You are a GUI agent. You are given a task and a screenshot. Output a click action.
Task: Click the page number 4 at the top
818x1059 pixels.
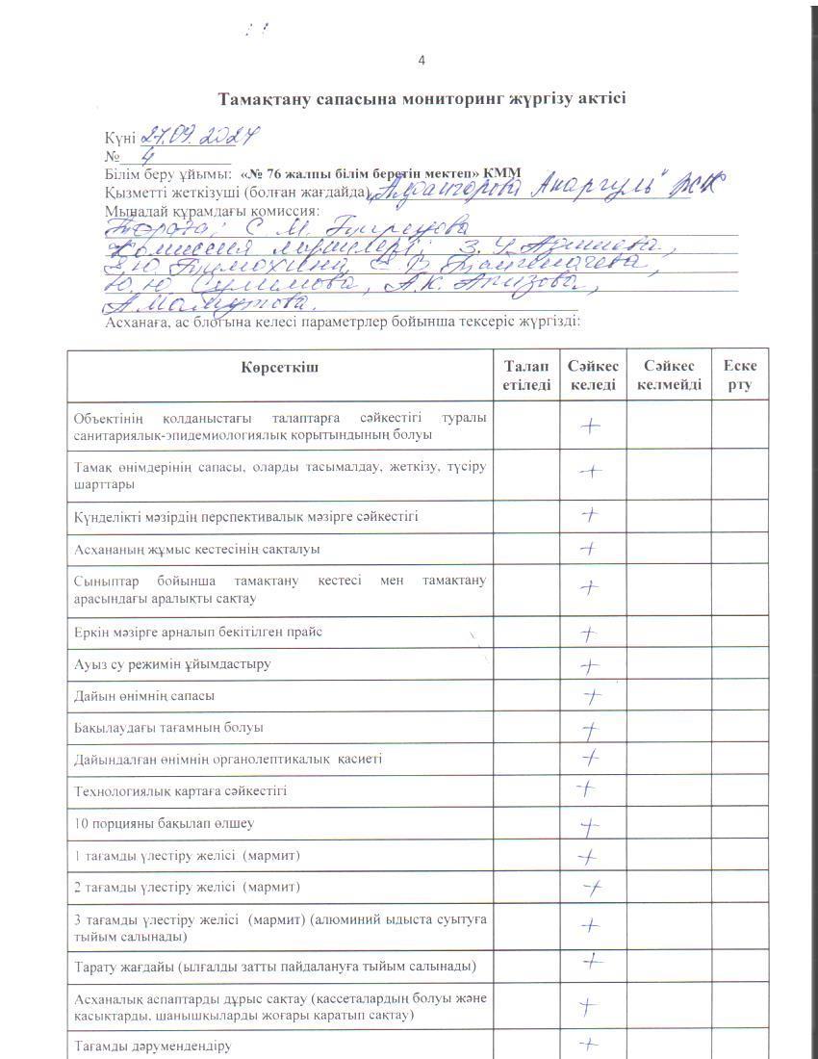pyautogui.click(x=422, y=61)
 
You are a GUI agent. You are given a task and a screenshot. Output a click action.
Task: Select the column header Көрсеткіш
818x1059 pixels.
pyautogui.click(x=279, y=367)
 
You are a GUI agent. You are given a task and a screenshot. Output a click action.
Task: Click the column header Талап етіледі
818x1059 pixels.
pyautogui.click(x=526, y=375)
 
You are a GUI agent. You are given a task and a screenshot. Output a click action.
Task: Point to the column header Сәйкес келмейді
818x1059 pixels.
pyautogui.click(x=669, y=375)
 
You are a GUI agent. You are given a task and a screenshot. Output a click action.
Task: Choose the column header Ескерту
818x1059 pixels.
pyautogui.click(x=740, y=375)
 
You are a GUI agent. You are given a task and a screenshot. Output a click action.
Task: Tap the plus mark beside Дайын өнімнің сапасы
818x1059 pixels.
pyautogui.click(x=593, y=696)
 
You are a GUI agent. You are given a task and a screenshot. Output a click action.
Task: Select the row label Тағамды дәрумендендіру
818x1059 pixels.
pyautogui.click(x=153, y=1046)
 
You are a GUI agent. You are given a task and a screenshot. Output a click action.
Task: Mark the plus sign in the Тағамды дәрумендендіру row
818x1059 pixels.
pyautogui.click(x=591, y=1044)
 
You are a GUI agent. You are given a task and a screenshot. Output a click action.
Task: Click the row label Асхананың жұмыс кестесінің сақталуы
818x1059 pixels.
pyautogui.click(x=197, y=549)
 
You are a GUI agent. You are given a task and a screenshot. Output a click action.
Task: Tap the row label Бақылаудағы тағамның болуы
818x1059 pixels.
pyautogui.click(x=169, y=728)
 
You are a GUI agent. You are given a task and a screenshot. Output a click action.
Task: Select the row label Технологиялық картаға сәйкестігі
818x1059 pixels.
pyautogui.click(x=181, y=791)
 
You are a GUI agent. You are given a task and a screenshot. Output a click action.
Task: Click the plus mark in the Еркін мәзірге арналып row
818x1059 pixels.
pyautogui.click(x=591, y=633)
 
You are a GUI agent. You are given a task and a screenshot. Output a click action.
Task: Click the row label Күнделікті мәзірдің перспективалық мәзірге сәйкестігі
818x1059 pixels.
pyautogui.click(x=246, y=517)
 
